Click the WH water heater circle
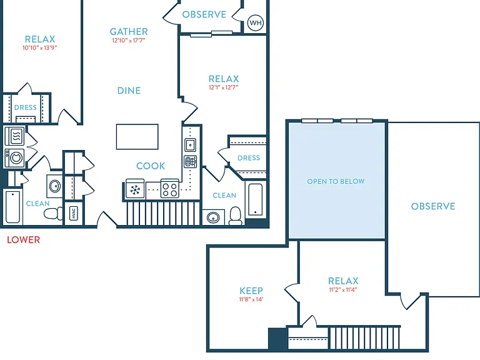coord(256,22)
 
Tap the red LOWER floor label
coord(24,240)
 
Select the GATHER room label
coord(129,31)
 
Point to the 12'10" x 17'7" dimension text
coord(129,41)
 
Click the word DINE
coord(129,91)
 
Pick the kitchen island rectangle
coord(137,136)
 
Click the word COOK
coord(151,166)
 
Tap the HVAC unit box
coord(74,212)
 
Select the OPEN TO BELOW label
coord(336,181)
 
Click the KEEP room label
coord(251,291)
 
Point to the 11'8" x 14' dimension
coord(251,299)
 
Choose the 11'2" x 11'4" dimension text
coord(343,289)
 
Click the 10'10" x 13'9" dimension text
coord(40,47)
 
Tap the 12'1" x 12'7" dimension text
coord(224,87)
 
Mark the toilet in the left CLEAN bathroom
coord(54,213)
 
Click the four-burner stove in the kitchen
coord(170,188)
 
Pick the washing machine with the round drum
coord(14,157)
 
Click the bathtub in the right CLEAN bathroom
coord(255,199)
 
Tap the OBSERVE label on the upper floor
coord(433,206)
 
